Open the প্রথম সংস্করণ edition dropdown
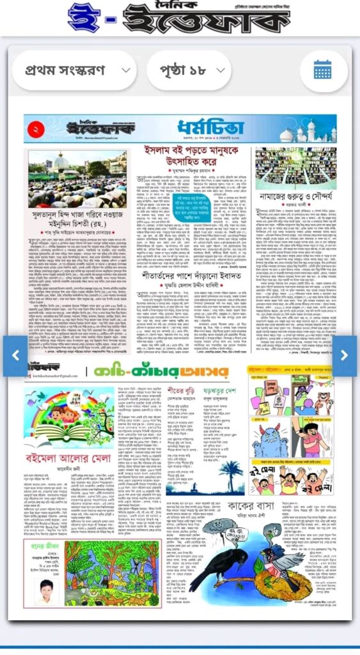pos(74,70)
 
